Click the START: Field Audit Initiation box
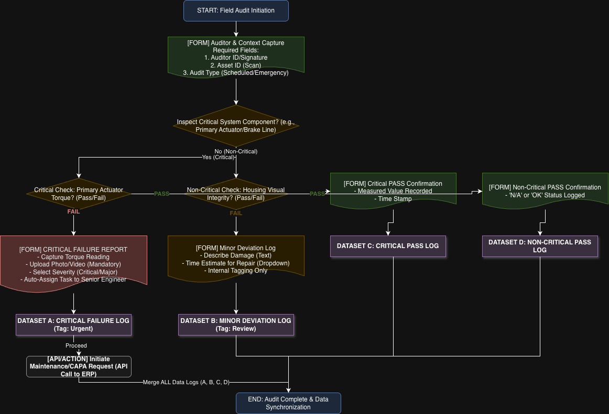(236, 10)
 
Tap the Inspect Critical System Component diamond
(236, 126)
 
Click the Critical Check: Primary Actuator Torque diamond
(79, 194)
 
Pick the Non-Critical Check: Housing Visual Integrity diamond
(236, 194)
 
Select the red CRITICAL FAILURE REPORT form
(73, 261)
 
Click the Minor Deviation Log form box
(236, 259)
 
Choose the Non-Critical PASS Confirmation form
(545, 191)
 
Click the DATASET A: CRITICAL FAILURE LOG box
(73, 325)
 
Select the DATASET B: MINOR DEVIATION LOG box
(236, 325)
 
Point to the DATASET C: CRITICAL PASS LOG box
(388, 246)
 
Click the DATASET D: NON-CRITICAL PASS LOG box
(540, 246)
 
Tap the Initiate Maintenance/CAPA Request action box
(79, 366)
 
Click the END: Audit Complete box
(288, 403)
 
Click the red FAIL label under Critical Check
(73, 212)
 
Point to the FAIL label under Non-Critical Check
(236, 213)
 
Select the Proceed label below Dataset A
(76, 345)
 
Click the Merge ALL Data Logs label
(186, 382)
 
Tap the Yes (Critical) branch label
(217, 157)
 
